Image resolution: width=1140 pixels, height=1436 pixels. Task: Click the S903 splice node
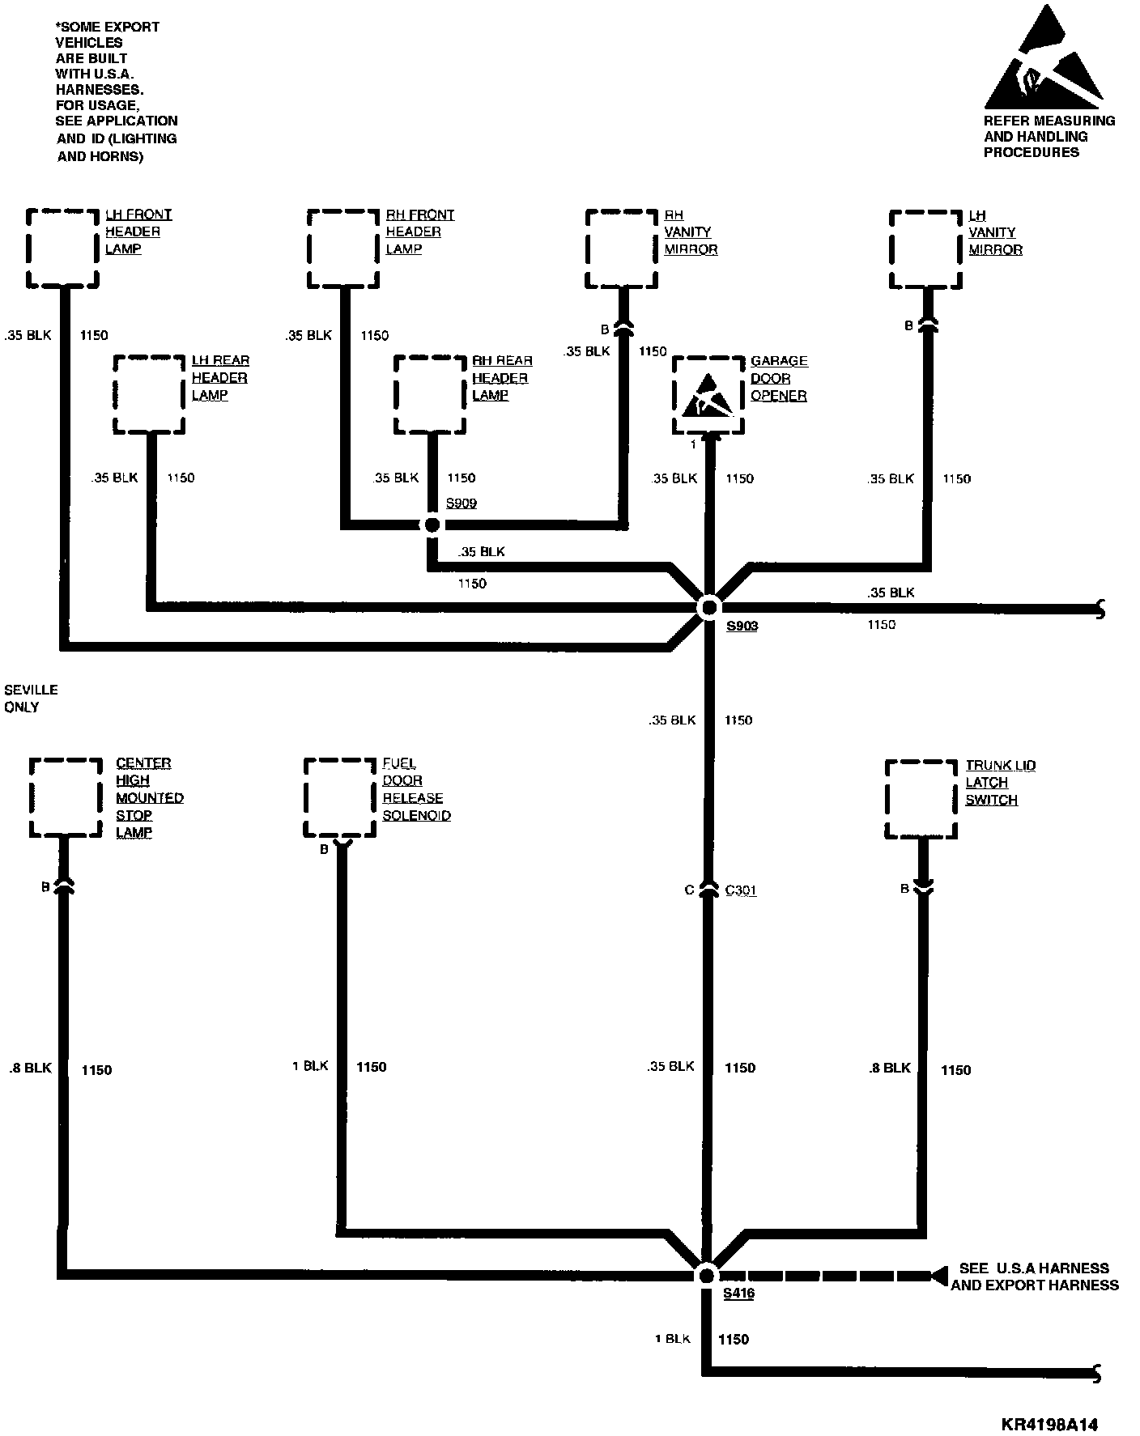point(709,607)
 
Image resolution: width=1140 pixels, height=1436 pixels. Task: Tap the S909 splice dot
point(432,525)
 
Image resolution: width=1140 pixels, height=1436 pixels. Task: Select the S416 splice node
point(706,1275)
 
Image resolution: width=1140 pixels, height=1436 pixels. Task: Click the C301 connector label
point(741,890)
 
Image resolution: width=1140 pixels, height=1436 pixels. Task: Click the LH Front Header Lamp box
point(62,249)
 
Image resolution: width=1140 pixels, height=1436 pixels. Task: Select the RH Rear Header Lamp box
point(430,394)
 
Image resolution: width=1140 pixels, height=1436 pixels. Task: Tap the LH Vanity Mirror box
point(926,249)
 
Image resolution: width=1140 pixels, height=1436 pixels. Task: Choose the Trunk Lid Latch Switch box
point(921,799)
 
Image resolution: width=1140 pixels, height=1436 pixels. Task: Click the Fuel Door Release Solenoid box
point(340,797)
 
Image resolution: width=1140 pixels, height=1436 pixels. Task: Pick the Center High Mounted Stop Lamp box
point(66,797)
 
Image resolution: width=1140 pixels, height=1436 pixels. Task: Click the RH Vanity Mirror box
point(621,249)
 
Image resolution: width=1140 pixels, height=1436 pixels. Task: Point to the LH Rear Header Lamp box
point(149,394)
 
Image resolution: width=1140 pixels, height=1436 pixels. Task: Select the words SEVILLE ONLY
point(32,698)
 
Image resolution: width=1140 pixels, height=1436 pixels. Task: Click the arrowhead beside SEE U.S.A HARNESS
point(938,1276)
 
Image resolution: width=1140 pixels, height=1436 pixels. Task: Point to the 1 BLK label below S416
point(672,1339)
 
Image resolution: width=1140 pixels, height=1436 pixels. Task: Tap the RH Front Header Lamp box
point(343,249)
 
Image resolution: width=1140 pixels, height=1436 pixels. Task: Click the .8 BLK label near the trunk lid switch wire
point(889,1069)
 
